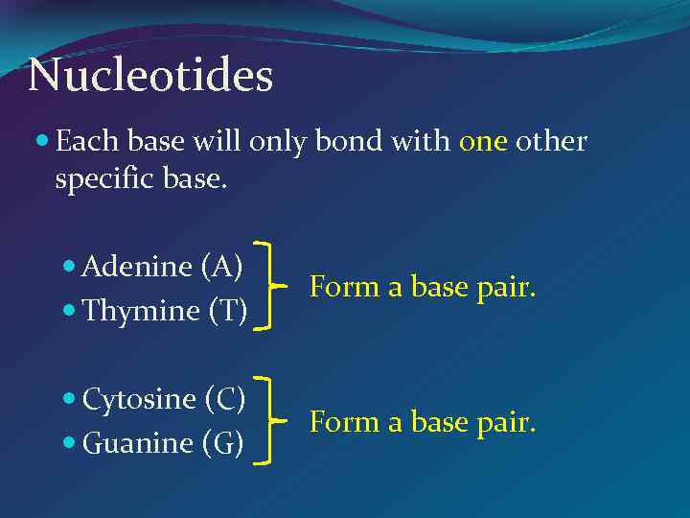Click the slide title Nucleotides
click(150, 76)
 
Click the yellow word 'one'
click(483, 142)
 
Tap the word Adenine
click(137, 267)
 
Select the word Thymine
click(140, 311)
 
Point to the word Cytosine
click(138, 398)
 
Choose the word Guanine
click(137, 443)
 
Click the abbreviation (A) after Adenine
click(221, 267)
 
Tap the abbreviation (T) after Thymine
click(227, 311)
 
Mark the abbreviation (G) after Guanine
click(222, 443)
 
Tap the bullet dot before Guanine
click(71, 444)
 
